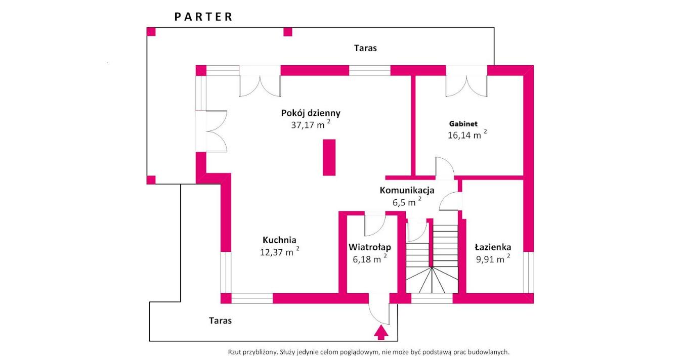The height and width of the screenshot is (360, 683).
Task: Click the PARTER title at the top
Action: pos(203,17)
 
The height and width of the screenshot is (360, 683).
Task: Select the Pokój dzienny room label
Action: pos(311,113)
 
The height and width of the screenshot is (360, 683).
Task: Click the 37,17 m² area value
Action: pos(310,125)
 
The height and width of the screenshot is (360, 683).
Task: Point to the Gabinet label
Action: pos(463,123)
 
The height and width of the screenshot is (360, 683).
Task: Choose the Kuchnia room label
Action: pos(279,240)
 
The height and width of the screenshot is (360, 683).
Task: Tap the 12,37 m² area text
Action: pos(279,252)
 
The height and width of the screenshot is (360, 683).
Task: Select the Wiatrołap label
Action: pos(370,247)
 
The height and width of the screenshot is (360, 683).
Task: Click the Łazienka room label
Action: pos(493,247)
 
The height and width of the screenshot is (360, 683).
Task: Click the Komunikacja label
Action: pos(407,191)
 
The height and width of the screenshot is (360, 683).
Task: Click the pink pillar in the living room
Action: pos(329,158)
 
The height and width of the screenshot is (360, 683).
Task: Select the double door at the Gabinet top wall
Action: pos(466,83)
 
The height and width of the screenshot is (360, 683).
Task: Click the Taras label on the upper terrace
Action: pos(365,49)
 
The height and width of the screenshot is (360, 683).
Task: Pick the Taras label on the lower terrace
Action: pos(220,321)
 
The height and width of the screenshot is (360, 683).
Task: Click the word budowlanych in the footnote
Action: pos(489,352)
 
